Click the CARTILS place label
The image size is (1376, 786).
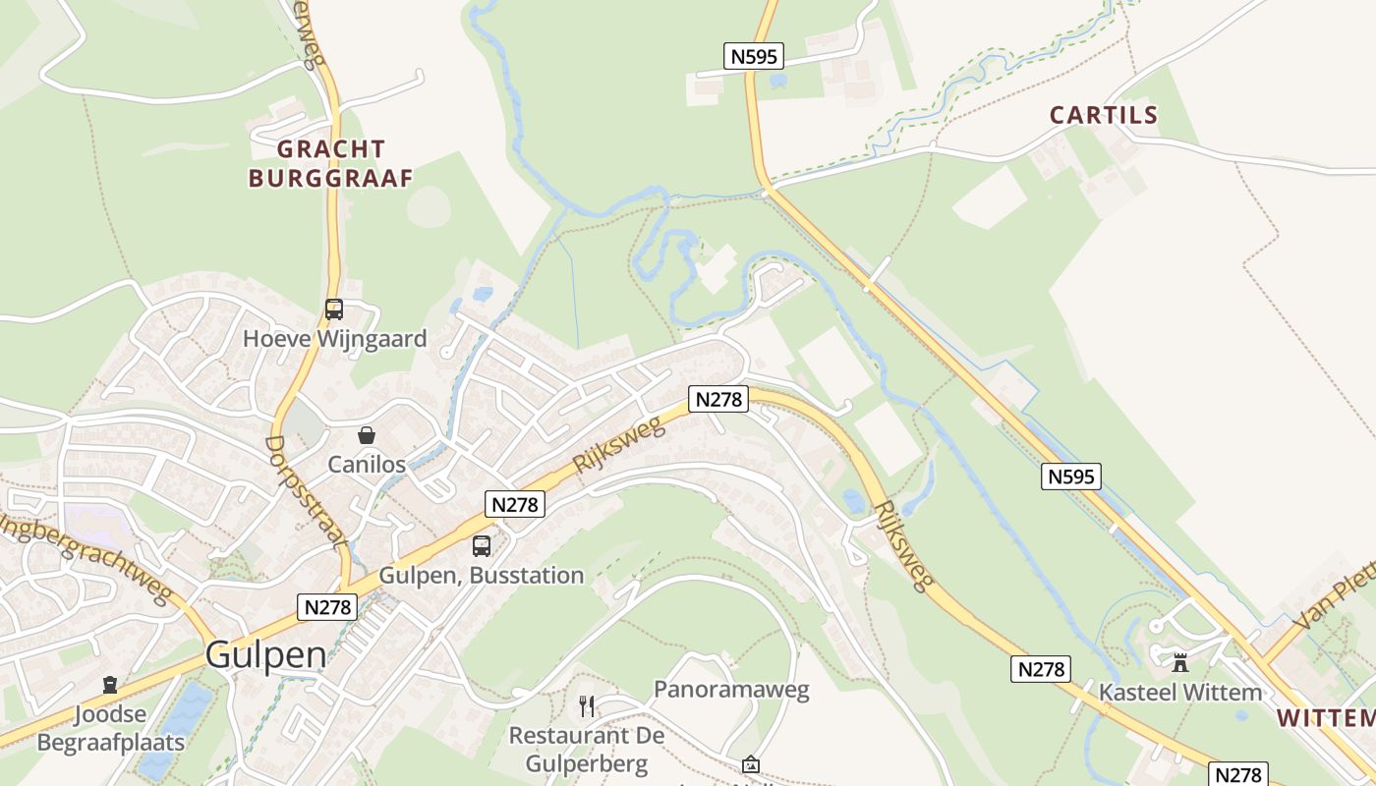click(x=1104, y=115)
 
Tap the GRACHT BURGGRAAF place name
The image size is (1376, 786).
click(x=330, y=163)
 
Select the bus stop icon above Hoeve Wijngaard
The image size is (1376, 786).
click(x=334, y=309)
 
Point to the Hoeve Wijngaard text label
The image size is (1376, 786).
click(x=335, y=339)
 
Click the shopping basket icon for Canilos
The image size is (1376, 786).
click(x=367, y=434)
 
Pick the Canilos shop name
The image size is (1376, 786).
click(x=367, y=464)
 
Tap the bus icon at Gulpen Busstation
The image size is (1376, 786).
click(x=481, y=546)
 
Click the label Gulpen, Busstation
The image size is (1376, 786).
click(x=482, y=575)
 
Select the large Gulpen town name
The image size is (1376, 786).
click(x=265, y=655)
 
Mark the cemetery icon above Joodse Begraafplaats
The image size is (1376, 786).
click(x=110, y=685)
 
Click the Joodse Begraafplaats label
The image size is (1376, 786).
click(x=110, y=728)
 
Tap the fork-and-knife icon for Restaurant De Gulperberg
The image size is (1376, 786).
click(x=587, y=705)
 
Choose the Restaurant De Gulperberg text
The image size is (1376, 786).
click(x=587, y=749)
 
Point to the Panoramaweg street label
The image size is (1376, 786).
click(x=731, y=689)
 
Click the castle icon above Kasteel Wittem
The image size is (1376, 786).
click(x=1180, y=662)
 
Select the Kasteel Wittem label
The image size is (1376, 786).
click(x=1180, y=692)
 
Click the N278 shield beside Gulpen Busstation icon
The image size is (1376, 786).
click(x=515, y=504)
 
